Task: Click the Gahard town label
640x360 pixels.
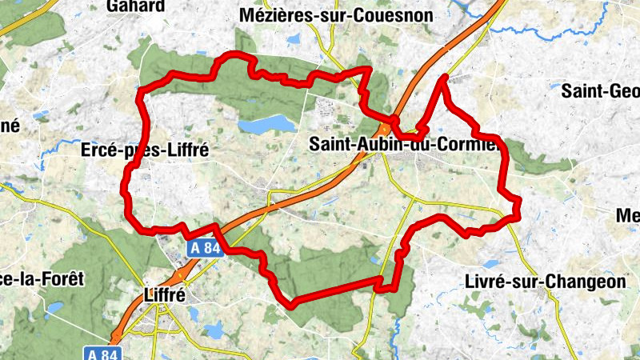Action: pyautogui.click(x=136, y=6)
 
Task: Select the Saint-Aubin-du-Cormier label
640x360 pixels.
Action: pyautogui.click(x=404, y=145)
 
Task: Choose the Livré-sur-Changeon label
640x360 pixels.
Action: pyautogui.click(x=545, y=281)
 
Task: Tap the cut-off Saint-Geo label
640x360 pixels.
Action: pyautogui.click(x=600, y=91)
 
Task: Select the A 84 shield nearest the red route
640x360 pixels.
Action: pyautogui.click(x=205, y=249)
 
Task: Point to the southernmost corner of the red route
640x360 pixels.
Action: pyautogui.click(x=291, y=304)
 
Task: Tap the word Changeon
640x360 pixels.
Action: pyautogui.click(x=587, y=281)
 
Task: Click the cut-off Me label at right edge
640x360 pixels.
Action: pyautogui.click(x=628, y=215)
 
